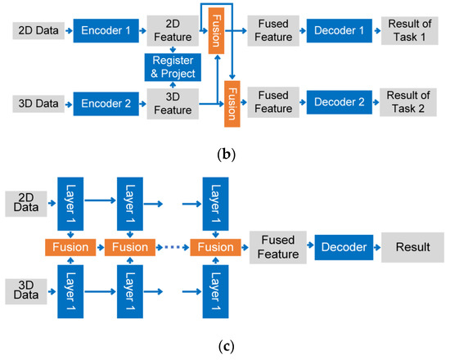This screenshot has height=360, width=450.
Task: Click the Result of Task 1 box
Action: tap(407, 32)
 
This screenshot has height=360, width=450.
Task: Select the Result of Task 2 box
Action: tap(407, 105)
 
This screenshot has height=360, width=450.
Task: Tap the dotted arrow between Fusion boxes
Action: tap(172, 245)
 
